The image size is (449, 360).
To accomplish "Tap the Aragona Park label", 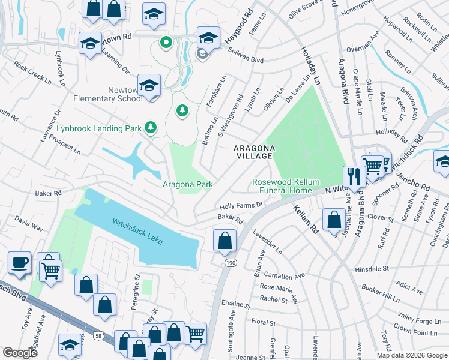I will coord(188,185).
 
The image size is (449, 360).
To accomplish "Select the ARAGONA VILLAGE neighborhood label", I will coord(255,152).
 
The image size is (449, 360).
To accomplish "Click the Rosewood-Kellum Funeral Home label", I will coord(286,186).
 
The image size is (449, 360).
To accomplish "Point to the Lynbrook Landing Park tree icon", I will coord(150,127).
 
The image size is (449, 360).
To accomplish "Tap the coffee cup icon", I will coord(20,263).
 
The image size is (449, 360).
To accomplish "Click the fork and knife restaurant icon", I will coord(354,176).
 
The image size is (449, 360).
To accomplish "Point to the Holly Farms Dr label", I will coord(241,205).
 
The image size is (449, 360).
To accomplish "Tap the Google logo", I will coord(20,352).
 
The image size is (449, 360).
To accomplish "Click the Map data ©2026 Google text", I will coord(411,355).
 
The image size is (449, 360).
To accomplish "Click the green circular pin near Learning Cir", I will coord(166,43).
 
